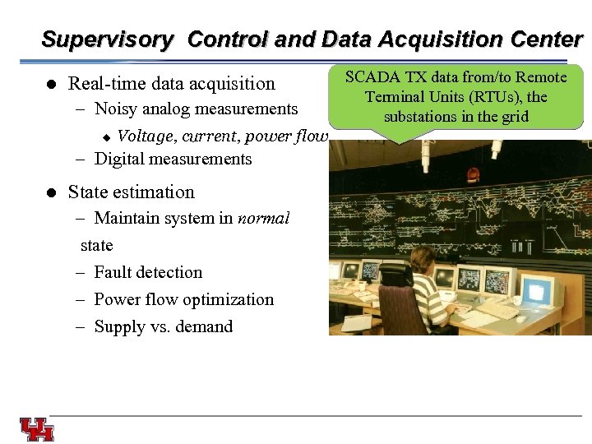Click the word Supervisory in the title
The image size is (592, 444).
point(108,39)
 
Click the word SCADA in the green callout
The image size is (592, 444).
point(371,77)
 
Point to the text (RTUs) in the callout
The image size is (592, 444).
point(487,97)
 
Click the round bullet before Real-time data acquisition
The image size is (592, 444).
point(50,84)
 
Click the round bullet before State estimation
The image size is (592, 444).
point(50,192)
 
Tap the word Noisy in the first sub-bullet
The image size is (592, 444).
point(115,109)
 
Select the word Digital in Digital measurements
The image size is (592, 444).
point(121,159)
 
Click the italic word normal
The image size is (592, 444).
point(263,219)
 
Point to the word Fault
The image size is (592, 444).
point(114,272)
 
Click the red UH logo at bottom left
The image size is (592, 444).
point(37,429)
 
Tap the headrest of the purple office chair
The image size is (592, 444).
point(396,275)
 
